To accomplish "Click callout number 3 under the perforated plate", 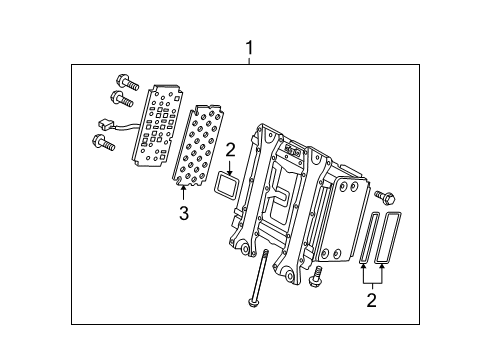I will pyautogui.click(x=183, y=212).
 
